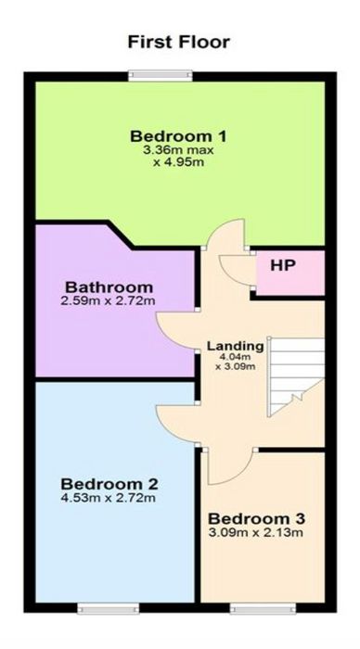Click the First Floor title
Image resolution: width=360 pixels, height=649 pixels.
pos(178,43)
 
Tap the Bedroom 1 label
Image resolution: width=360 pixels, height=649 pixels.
pos(178,135)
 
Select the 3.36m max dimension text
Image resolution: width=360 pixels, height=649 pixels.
pos(178,150)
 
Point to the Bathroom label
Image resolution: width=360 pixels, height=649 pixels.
pos(109,286)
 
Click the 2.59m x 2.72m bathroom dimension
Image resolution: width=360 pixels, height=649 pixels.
pos(109,300)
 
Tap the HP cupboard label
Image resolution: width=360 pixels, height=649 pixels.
pos(283,266)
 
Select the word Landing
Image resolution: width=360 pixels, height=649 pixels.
pos(236,346)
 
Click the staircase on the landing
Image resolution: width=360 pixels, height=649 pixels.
pos(297,376)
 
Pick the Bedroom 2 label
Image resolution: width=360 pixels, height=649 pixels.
pos(109,483)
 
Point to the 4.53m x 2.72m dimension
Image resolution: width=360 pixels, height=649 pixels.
pos(109,498)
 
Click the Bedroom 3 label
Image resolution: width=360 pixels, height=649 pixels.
pos(256,518)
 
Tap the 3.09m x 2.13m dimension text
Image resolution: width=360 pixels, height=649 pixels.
pos(256,532)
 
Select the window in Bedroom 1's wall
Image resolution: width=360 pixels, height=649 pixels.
pos(161,75)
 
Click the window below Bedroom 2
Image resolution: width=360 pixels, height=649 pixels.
pos(109,608)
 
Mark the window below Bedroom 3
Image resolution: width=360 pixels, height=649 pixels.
pos(264,608)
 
